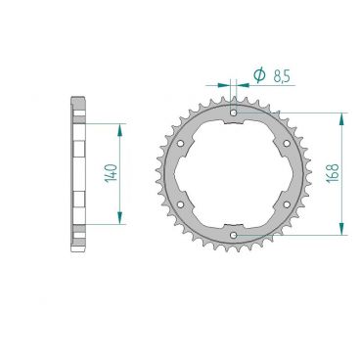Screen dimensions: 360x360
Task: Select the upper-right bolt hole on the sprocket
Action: click(x=285, y=144)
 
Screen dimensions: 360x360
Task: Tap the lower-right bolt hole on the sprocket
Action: click(x=285, y=203)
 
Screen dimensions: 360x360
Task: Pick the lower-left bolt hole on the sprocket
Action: click(x=182, y=203)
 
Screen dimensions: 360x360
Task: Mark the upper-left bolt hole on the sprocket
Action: click(x=182, y=144)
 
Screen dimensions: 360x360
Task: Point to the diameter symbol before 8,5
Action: click(x=259, y=74)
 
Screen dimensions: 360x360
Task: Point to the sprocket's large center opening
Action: click(x=234, y=174)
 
